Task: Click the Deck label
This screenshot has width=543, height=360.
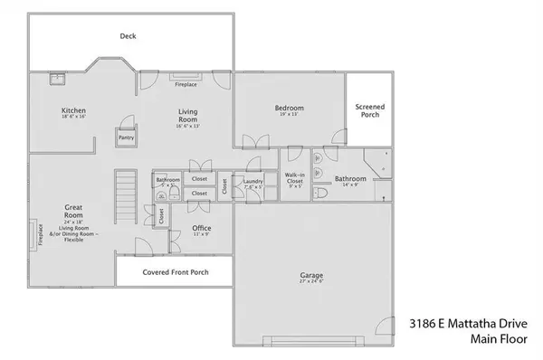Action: [128, 37]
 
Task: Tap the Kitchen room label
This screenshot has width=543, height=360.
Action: [73, 111]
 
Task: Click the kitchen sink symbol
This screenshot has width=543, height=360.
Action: [56, 79]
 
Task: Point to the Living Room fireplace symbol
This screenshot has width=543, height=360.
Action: [186, 77]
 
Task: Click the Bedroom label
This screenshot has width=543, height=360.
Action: [290, 109]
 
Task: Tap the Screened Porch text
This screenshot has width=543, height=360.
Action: [369, 110]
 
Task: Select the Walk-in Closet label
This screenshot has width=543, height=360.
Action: [294, 179]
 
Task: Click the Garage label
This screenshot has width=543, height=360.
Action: [312, 275]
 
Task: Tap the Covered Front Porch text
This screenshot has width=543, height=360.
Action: [173, 271]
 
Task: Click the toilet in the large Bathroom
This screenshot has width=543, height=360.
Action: [318, 193]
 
